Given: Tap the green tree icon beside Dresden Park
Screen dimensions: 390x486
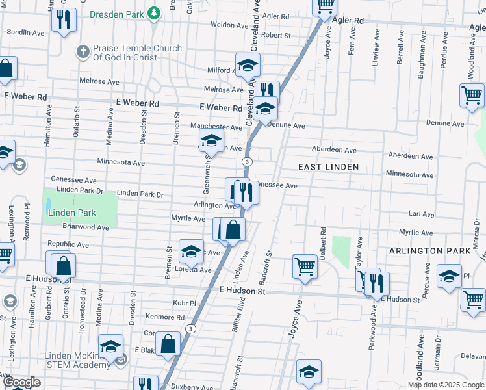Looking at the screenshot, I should pyautogui.click(x=153, y=12).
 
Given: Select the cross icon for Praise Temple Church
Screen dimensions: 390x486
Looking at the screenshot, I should pyautogui.click(x=83, y=51).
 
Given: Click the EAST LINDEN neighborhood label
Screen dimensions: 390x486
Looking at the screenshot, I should pyautogui.click(x=328, y=167).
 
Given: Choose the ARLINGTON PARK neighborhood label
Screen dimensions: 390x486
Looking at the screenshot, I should pyautogui.click(x=425, y=251).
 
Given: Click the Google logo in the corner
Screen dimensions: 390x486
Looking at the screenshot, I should pyautogui.click(x=21, y=383).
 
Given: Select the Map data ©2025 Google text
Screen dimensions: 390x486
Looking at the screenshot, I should pyautogui.click(x=446, y=385).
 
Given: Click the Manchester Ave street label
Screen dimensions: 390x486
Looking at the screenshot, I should pyautogui.click(x=216, y=127).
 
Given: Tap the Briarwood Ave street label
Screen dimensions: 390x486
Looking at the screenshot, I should pyautogui.click(x=86, y=227).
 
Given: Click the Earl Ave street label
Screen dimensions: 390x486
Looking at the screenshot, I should pyautogui.click(x=420, y=214).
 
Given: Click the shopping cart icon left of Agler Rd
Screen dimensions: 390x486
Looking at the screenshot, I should pyautogui.click(x=325, y=6).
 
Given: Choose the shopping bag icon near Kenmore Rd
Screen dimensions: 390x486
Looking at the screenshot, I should pyautogui.click(x=168, y=344).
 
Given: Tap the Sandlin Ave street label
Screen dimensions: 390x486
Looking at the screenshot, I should pyautogui.click(x=25, y=32).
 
